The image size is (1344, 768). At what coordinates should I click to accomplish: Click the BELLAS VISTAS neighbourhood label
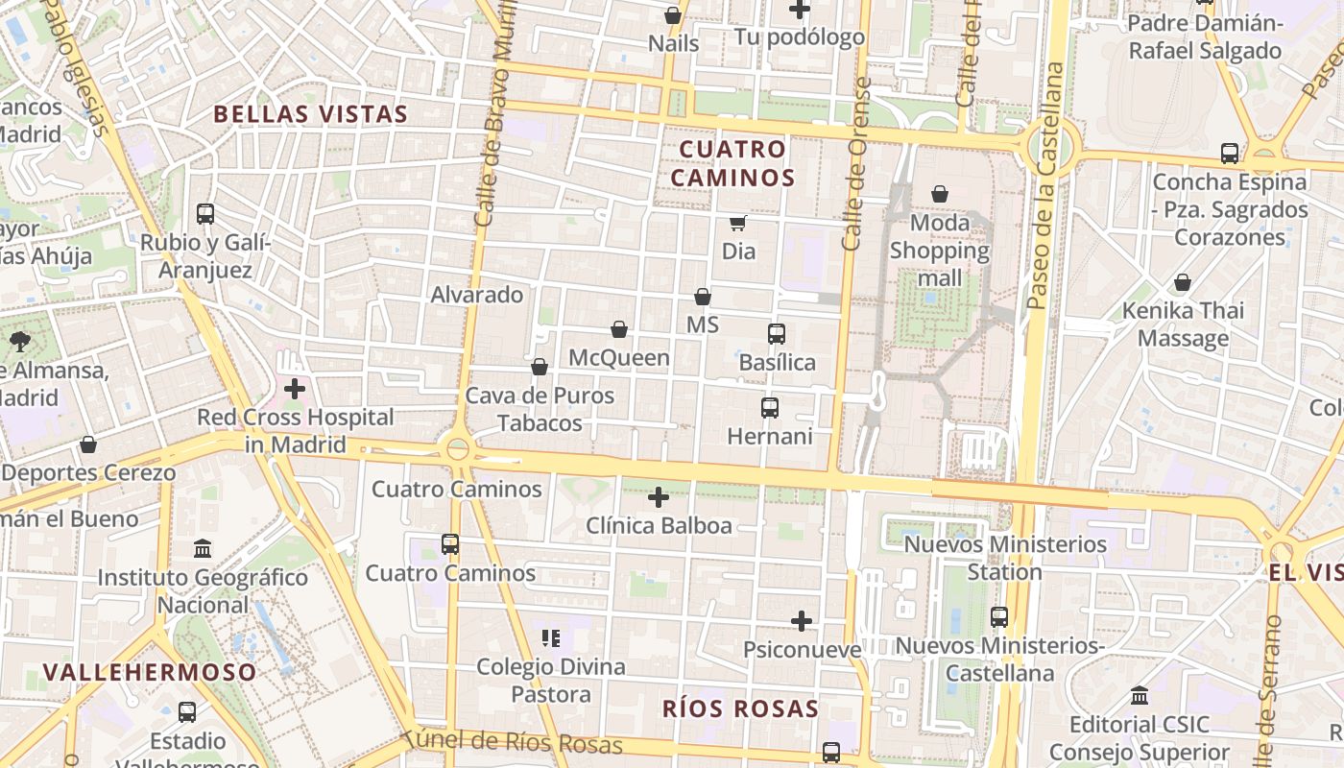click(x=310, y=114)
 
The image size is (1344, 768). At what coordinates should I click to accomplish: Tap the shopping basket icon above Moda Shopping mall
click(x=940, y=194)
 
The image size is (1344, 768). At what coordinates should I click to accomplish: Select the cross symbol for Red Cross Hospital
click(x=295, y=389)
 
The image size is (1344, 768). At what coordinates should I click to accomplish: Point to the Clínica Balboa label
click(x=659, y=525)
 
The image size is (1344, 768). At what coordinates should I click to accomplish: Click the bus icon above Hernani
click(x=770, y=408)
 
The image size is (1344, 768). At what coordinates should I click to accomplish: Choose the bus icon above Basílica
click(x=777, y=334)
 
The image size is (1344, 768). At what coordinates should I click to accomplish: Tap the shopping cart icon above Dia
click(x=737, y=224)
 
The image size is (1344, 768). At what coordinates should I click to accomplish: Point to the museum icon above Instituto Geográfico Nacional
click(x=203, y=549)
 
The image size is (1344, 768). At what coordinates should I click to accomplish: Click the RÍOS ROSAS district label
click(x=740, y=709)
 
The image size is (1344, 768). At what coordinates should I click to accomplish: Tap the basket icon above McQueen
click(x=619, y=330)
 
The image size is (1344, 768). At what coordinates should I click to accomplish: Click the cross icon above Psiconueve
click(x=802, y=621)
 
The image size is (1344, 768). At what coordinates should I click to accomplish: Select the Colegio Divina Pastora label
click(x=551, y=680)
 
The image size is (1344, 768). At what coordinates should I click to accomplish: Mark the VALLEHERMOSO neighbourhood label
click(x=151, y=672)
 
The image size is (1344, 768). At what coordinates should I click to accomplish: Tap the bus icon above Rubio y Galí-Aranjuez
click(x=205, y=214)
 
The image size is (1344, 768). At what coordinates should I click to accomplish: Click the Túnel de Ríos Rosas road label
click(x=513, y=742)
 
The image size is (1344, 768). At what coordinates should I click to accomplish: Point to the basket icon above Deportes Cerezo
click(x=88, y=444)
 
